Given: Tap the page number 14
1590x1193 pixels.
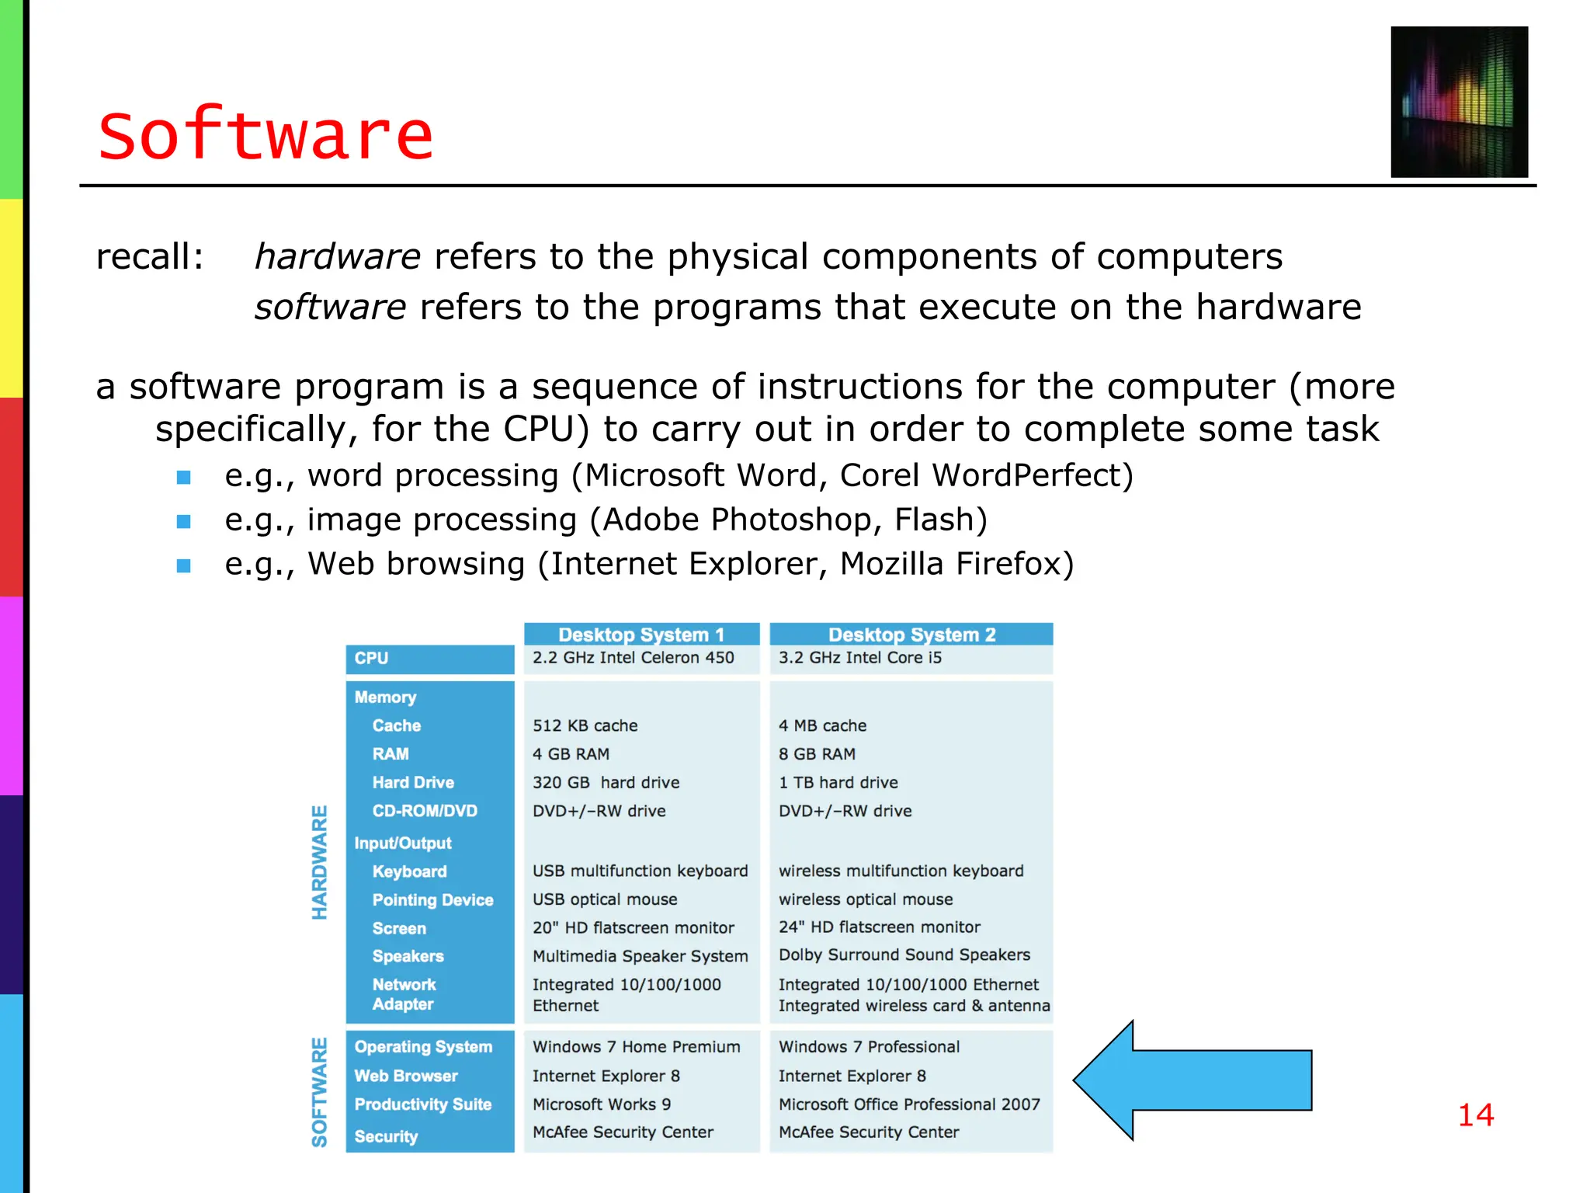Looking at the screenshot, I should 1475,1115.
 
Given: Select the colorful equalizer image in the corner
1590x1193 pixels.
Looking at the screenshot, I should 1459,102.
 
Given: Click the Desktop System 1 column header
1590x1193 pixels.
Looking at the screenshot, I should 641,635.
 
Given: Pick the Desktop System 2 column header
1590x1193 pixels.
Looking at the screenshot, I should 911,635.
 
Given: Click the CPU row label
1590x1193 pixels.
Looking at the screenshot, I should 372,659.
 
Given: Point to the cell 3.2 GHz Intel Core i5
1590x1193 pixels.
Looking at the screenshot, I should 859,658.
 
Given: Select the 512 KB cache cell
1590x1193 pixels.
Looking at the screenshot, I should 585,725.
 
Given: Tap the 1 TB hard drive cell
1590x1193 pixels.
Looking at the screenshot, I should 838,782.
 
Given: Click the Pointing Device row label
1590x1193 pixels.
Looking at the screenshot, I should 432,899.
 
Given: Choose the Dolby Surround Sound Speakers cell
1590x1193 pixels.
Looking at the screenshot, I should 904,955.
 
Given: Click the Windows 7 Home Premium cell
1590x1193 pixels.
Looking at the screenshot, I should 636,1047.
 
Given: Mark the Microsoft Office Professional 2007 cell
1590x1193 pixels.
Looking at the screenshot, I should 908,1104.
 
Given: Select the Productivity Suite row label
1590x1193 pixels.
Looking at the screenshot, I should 423,1104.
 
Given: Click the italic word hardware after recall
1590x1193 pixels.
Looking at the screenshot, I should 338,257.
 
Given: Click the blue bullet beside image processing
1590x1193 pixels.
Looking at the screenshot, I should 184,521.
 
